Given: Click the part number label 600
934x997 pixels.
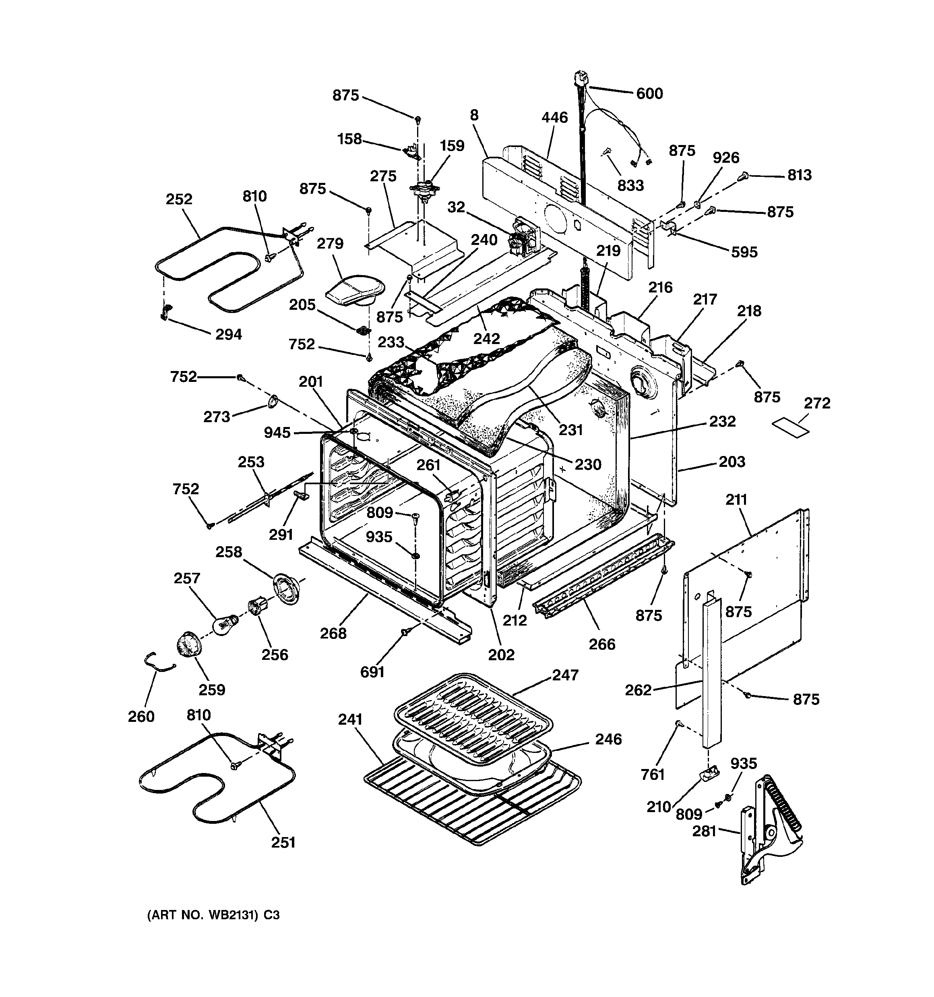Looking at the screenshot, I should click(649, 94).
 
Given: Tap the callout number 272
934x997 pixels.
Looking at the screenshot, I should click(817, 403).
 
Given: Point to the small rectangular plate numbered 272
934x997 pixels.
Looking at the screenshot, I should click(791, 428).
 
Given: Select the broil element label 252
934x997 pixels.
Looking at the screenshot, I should click(179, 199).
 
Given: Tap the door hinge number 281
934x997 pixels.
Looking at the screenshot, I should click(705, 831).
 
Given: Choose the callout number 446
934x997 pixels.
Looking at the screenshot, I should click(554, 117).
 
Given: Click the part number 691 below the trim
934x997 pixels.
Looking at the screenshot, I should click(372, 672).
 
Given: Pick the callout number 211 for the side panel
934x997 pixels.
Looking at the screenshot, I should click(736, 500).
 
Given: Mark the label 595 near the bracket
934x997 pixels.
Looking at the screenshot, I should click(744, 252).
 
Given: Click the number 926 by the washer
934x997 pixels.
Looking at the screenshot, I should click(726, 158).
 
